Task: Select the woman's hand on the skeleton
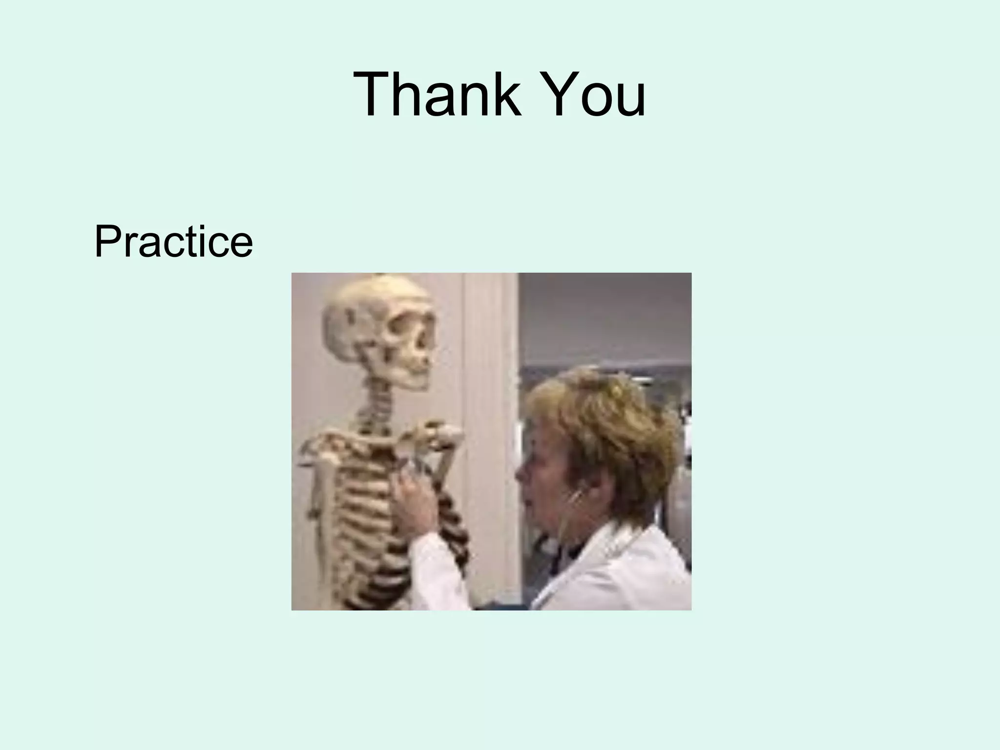tap(415, 498)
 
